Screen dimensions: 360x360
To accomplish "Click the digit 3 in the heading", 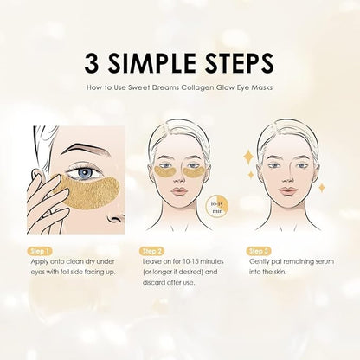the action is click(x=92, y=62).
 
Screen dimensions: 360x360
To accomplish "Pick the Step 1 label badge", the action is click(x=40, y=251).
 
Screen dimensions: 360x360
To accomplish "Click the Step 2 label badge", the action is click(x=151, y=251).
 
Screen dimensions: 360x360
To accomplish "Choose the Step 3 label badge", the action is click(x=259, y=251).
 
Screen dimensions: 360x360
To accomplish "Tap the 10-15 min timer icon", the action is click(x=217, y=206).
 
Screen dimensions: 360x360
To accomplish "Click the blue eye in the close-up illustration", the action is click(x=87, y=173).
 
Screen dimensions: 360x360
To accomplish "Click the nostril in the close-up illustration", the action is click(x=115, y=219).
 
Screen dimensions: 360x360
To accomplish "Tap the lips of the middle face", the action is click(x=179, y=191).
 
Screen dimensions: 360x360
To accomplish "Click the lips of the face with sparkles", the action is click(x=287, y=190).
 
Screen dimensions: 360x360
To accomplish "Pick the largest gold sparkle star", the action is click(x=248, y=157).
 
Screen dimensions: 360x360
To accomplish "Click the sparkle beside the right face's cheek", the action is click(x=321, y=188).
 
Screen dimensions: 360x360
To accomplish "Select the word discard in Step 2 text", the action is click(x=154, y=282).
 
